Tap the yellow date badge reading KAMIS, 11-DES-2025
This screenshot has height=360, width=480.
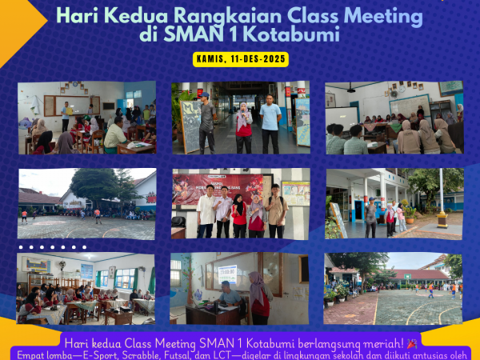pyautogui.click(x=241, y=59)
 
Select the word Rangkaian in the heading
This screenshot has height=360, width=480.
pyautogui.click(x=209, y=15)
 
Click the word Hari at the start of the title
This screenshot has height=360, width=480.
pyautogui.click(x=78, y=15)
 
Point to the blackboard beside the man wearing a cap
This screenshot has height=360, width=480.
pyautogui.click(x=190, y=126)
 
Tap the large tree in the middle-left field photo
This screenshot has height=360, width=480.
pyautogui.click(x=96, y=184)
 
